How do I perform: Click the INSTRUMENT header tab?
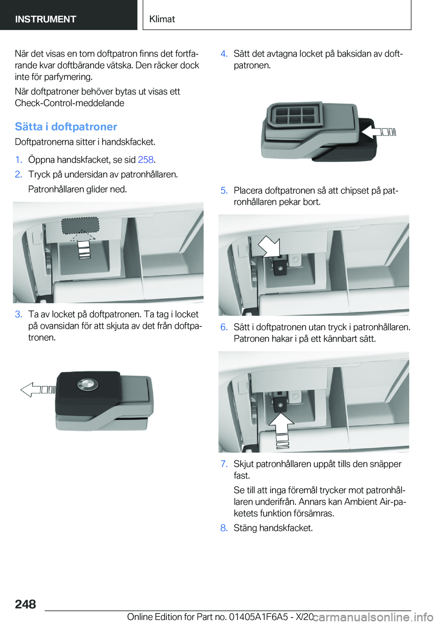tap(45, 19)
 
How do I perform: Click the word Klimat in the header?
tap(162, 19)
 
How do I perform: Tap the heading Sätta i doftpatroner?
tap(66, 127)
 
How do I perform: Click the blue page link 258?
tap(146, 160)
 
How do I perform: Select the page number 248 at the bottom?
tap(25, 604)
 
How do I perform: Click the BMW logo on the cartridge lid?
tap(87, 385)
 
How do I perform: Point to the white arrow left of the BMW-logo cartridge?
tap(37, 390)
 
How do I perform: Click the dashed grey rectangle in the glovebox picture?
tap(80, 225)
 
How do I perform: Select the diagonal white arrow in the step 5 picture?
tap(269, 246)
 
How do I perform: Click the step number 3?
tap(18, 314)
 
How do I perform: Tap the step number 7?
tap(224, 464)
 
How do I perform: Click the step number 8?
tap(224, 528)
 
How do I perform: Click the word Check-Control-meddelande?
tap(69, 103)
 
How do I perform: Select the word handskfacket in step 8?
tap(286, 528)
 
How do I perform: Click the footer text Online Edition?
tap(154, 617)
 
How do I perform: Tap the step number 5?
tap(224, 190)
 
